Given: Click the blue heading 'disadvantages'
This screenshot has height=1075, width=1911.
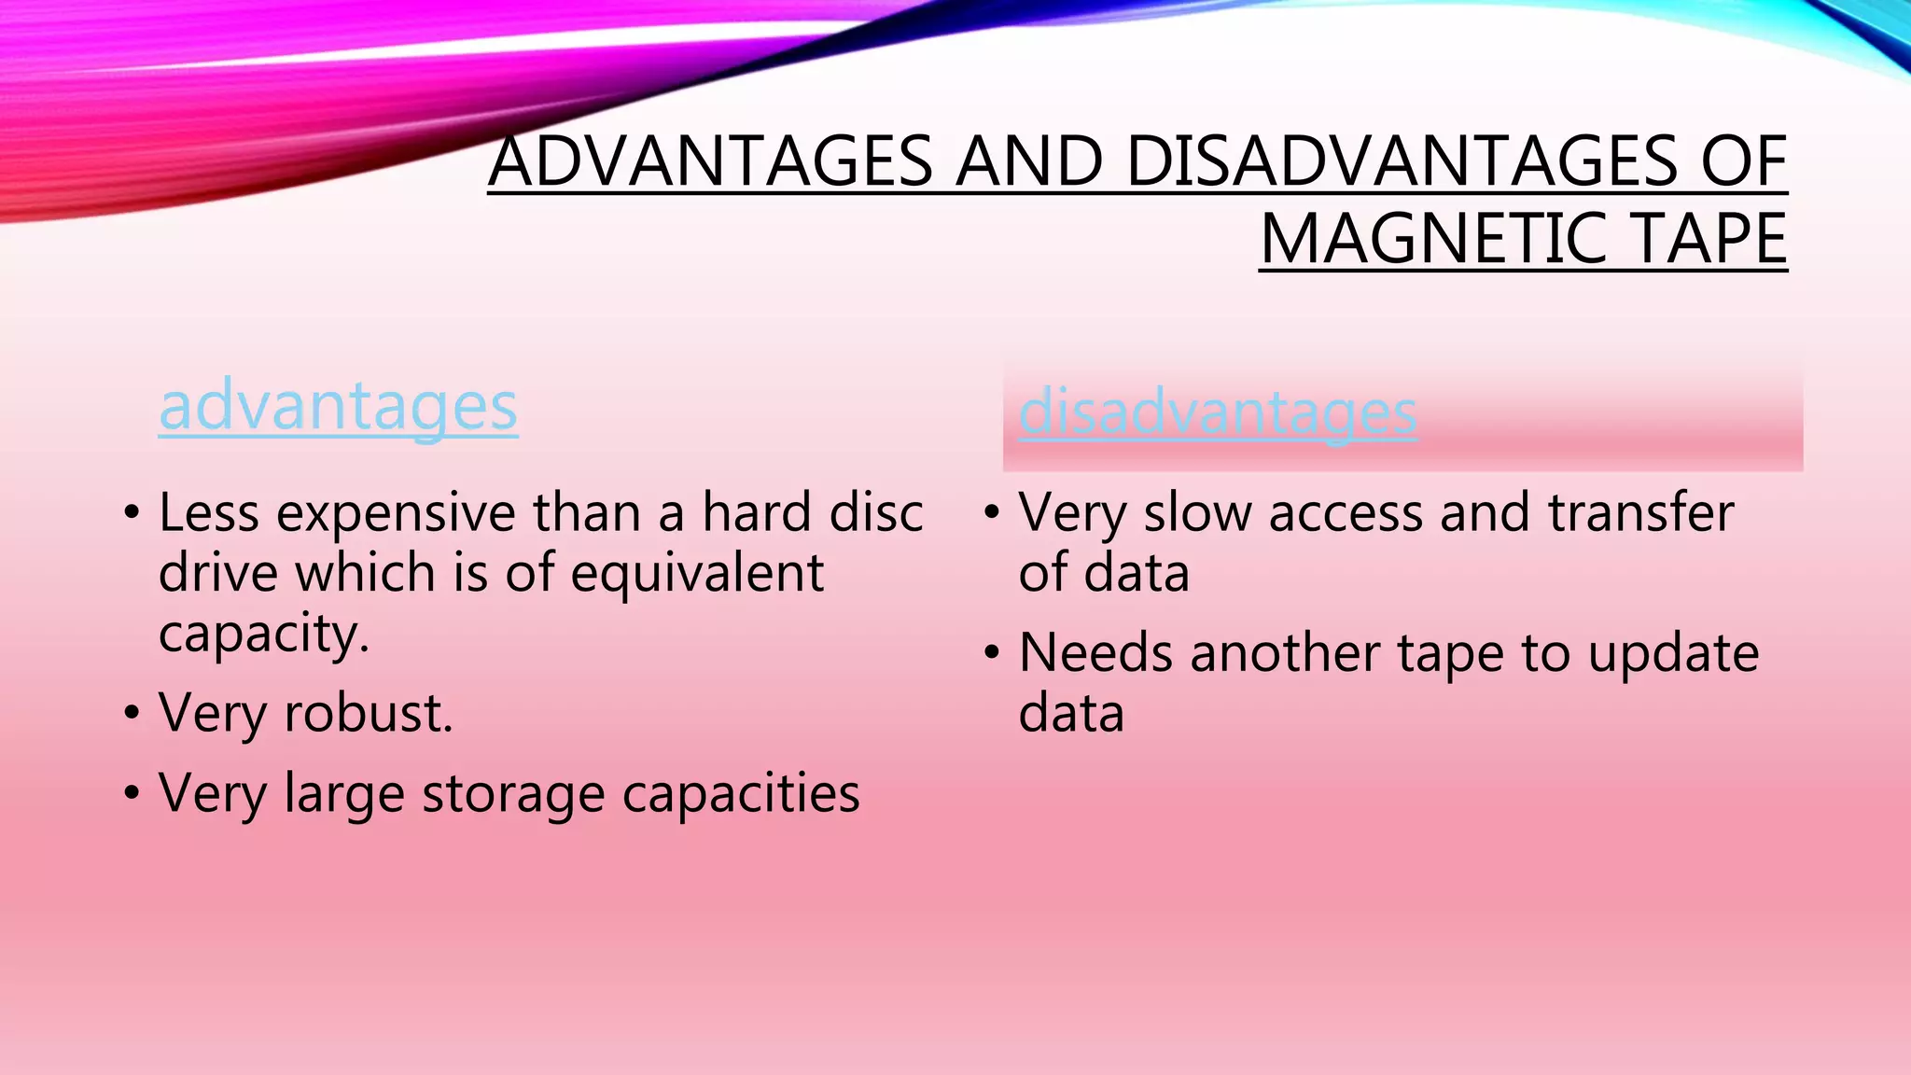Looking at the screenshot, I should click(1218, 412).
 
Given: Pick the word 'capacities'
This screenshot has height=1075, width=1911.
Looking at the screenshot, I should click(741, 793).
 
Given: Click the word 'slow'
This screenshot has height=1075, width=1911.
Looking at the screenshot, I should click(1197, 513).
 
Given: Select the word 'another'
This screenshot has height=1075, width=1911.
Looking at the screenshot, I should click(1285, 653).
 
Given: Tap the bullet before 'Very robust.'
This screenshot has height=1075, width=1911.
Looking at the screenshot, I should click(132, 714).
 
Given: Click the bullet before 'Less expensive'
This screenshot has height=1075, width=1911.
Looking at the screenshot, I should click(132, 513).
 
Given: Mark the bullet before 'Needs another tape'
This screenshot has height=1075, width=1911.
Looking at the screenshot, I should click(992, 653).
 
